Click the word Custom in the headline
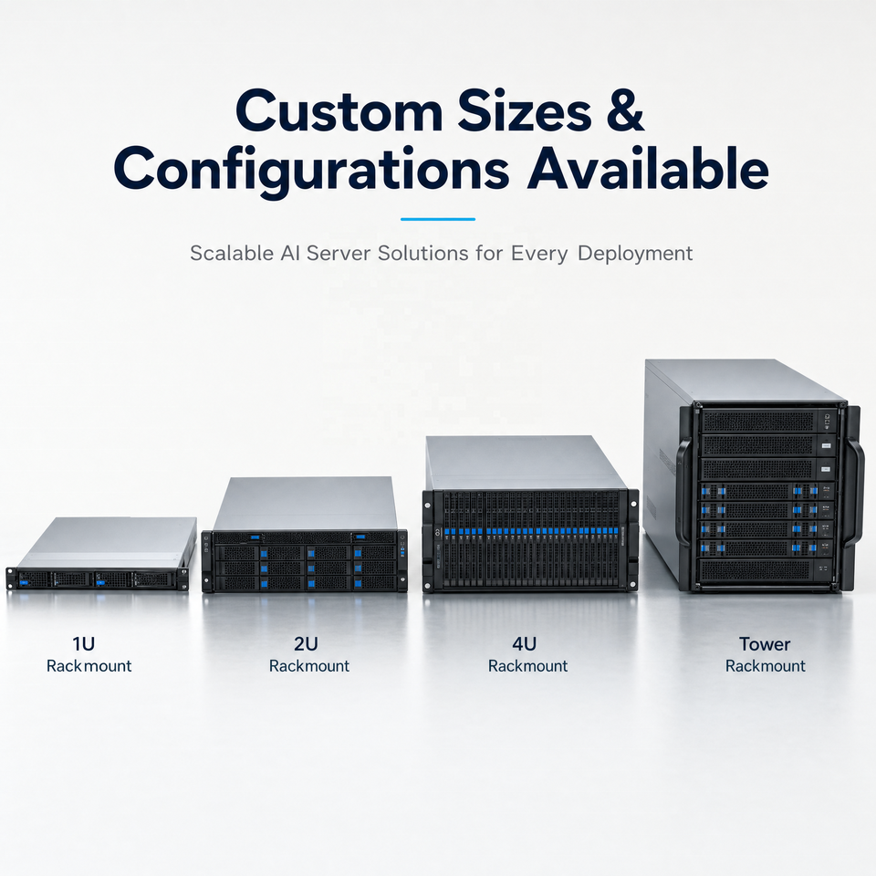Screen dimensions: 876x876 339,111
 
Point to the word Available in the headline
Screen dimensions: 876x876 648,167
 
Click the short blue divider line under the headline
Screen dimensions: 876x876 438,219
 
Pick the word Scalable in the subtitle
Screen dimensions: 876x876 232,253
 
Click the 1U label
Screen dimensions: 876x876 84,644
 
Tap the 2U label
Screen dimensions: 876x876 306,644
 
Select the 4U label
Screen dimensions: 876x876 524,644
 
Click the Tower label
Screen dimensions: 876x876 765,644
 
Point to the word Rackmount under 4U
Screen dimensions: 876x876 528,666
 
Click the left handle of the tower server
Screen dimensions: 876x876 683,492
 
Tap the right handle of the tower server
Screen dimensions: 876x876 855,492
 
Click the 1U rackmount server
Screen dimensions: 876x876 101,554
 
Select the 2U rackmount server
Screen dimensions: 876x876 305,535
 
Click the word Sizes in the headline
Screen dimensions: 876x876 526,111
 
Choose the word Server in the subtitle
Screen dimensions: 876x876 338,253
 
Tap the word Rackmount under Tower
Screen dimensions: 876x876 766,666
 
